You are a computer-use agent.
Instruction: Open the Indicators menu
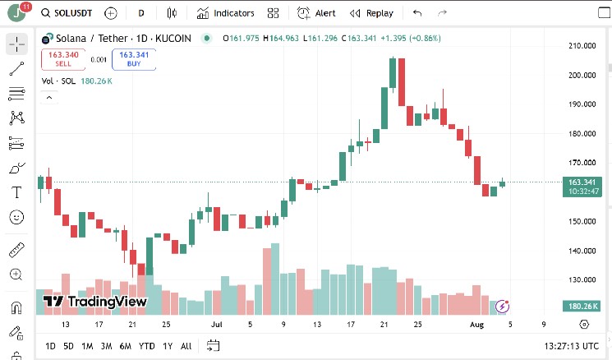tap(226, 13)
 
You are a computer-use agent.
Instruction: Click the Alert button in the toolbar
tap(317, 13)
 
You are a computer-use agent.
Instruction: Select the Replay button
tap(371, 13)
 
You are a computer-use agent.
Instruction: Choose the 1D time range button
tap(51, 346)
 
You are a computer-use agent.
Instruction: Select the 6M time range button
tap(126, 346)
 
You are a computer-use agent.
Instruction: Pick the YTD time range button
tap(147, 346)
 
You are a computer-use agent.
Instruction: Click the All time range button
tap(186, 346)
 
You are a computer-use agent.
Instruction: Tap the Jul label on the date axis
tap(217, 325)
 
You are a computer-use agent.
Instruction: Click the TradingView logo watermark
tap(94, 302)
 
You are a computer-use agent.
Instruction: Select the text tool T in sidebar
tap(16, 193)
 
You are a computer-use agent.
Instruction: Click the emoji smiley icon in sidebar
tap(16, 218)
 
